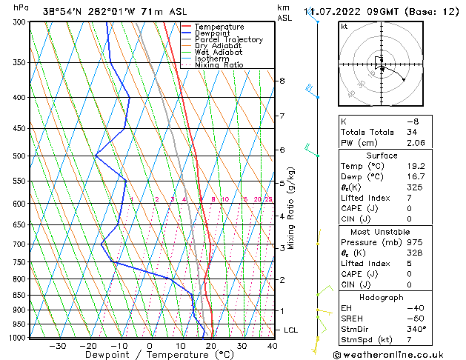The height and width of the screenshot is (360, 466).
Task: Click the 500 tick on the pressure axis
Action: click(19, 156)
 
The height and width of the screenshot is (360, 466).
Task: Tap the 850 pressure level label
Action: click(19, 295)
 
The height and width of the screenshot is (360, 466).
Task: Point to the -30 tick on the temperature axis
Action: click(57, 346)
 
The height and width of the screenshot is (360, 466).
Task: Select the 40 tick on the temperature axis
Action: click(273, 346)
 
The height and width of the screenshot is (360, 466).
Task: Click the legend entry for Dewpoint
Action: click(213, 33)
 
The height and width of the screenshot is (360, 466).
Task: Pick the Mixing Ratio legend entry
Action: click(219, 65)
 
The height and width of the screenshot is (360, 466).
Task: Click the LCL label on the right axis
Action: click(290, 330)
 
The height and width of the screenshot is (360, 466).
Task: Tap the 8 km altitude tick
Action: click(282, 80)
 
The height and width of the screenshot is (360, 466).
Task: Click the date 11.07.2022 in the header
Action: click(332, 11)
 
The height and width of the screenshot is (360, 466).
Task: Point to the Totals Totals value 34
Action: click(413, 132)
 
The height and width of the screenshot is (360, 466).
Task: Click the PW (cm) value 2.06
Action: click(416, 143)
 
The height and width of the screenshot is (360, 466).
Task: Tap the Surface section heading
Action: click(382, 156)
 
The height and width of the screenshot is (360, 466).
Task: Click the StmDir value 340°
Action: click(416, 329)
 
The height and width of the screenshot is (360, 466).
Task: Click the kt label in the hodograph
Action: click(344, 26)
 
